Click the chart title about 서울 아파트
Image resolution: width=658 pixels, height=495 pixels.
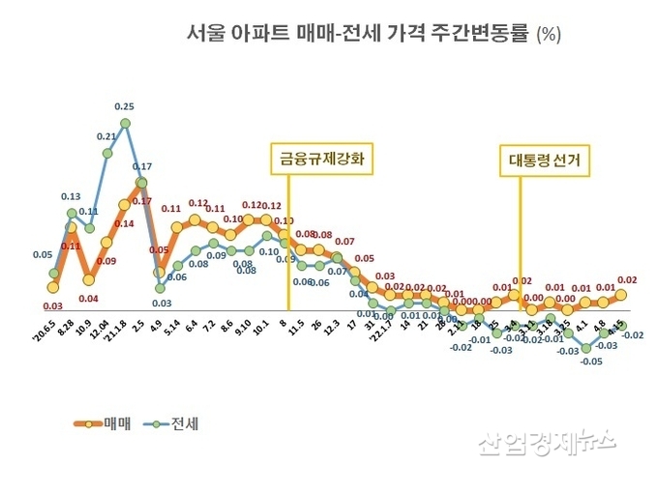coord(358,34)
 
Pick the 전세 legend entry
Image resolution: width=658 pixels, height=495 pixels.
coord(172,423)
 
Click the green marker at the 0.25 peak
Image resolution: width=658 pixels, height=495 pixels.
coord(125,123)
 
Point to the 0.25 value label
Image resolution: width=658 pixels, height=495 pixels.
coord(124,105)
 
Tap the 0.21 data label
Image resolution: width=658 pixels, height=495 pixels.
coord(106,137)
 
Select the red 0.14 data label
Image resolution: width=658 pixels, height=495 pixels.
coord(124,223)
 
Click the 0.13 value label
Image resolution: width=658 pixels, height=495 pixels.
coord(71,195)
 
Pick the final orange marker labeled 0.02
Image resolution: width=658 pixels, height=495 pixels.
coord(621,294)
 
